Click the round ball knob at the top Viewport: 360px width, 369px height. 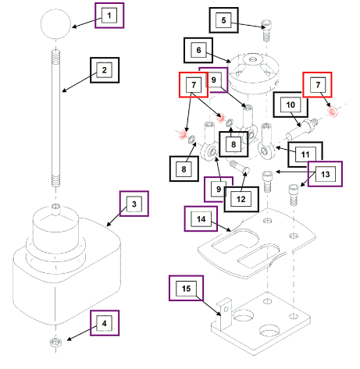(55, 24)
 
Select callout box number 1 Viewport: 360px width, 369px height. (109, 16)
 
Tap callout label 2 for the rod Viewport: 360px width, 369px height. (105, 70)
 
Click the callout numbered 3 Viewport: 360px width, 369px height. (134, 204)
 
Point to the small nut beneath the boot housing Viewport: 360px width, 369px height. (55, 342)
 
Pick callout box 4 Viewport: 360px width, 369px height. (105, 323)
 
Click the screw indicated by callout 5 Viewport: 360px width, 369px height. (266, 30)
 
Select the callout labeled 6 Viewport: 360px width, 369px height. (198, 50)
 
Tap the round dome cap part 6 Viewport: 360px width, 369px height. (254, 73)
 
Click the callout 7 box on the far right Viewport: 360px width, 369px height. (317, 85)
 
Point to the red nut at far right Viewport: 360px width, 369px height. (332, 112)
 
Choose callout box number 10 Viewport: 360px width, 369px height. (290, 105)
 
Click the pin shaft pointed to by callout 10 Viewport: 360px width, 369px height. (302, 129)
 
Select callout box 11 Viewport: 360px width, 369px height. (305, 154)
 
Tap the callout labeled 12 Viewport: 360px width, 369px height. (241, 199)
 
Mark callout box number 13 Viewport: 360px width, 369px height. (325, 174)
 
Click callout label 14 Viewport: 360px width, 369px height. (201, 219)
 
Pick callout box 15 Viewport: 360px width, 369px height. (186, 288)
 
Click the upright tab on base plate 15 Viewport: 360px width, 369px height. (223, 314)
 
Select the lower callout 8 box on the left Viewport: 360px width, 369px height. (184, 169)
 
